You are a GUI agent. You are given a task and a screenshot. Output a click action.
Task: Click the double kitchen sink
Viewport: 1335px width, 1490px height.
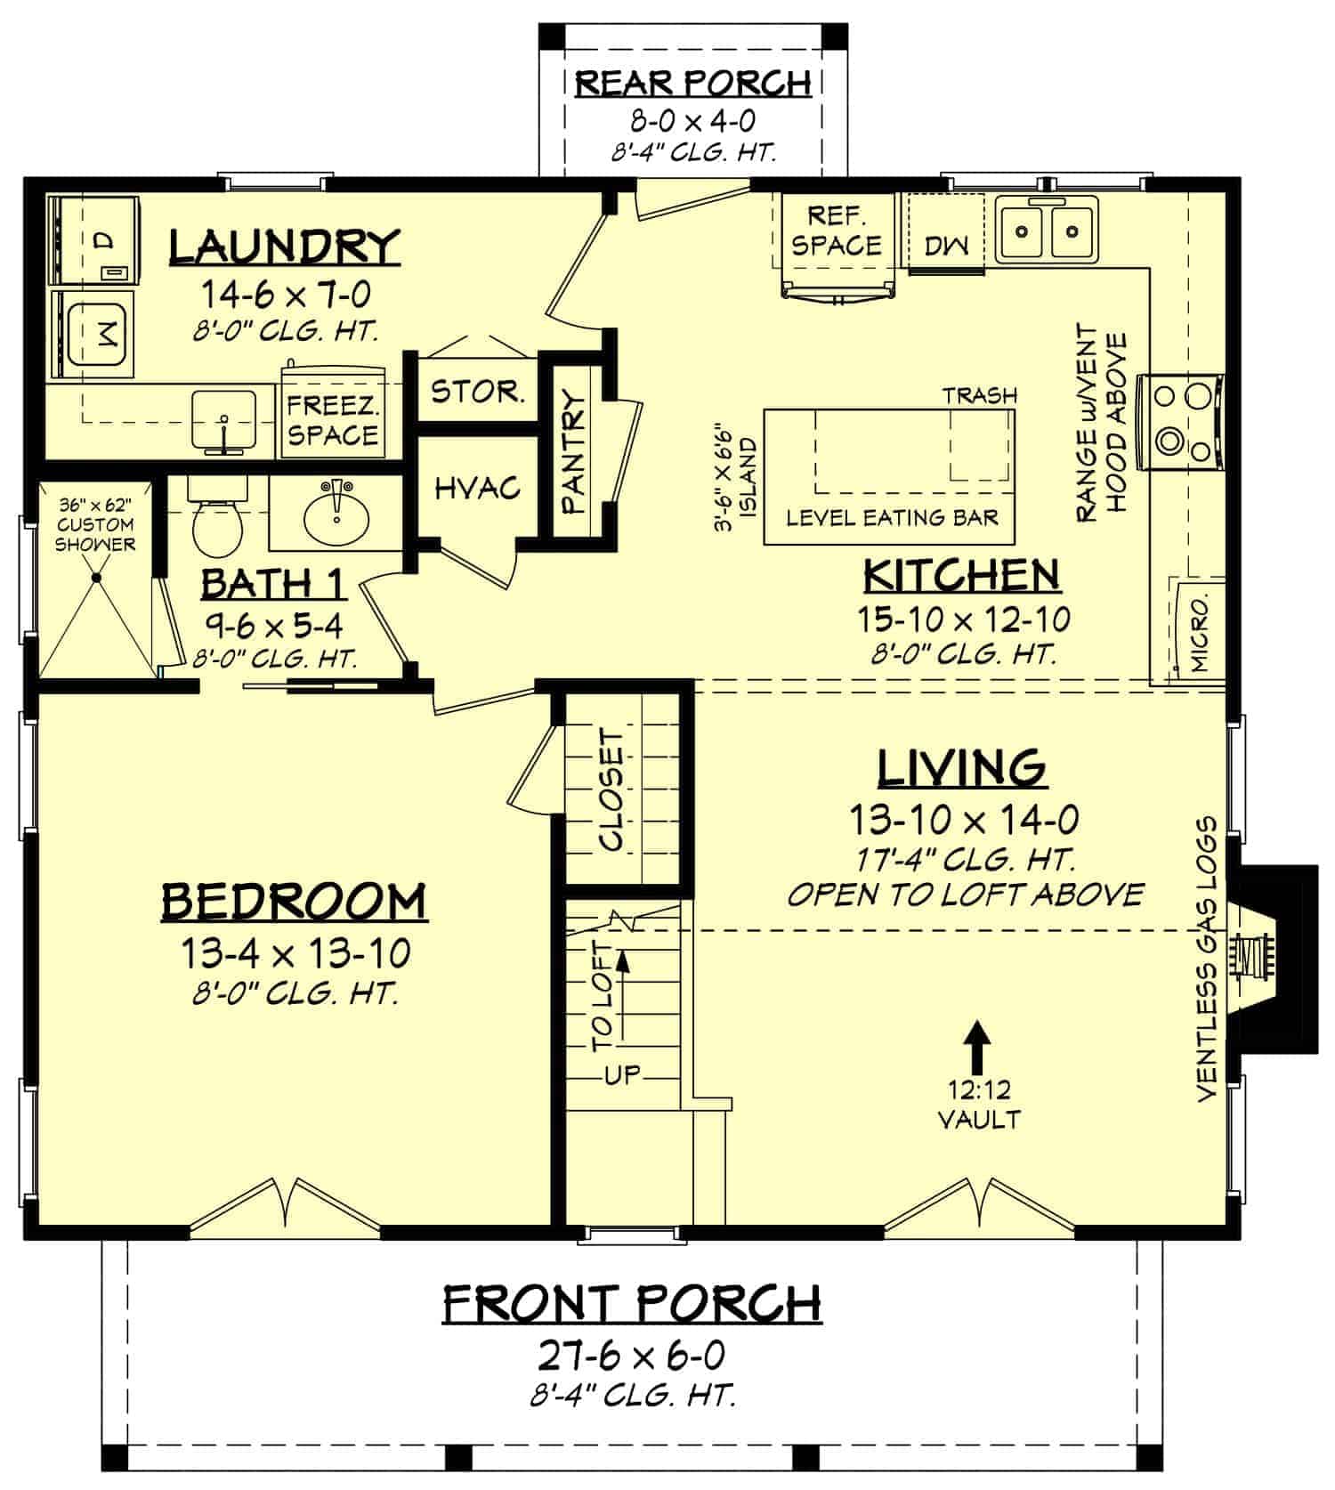[x=1048, y=232]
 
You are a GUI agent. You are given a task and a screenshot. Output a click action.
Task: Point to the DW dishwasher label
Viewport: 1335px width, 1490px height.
[x=946, y=245]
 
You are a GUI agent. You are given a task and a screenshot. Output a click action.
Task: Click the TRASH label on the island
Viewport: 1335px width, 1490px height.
[x=979, y=394]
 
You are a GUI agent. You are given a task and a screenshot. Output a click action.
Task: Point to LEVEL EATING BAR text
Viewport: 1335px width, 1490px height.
[x=892, y=517]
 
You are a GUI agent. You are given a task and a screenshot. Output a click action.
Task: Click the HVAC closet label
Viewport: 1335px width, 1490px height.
[x=477, y=487]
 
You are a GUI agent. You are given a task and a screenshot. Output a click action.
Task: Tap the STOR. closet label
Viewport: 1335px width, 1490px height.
[x=477, y=391]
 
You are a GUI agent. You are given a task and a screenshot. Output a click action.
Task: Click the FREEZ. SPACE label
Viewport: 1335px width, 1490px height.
[x=332, y=420]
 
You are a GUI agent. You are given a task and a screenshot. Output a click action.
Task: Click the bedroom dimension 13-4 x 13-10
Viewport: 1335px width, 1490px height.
[x=295, y=954]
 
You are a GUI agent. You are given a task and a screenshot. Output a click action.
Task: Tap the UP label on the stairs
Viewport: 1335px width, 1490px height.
[x=622, y=1074]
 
